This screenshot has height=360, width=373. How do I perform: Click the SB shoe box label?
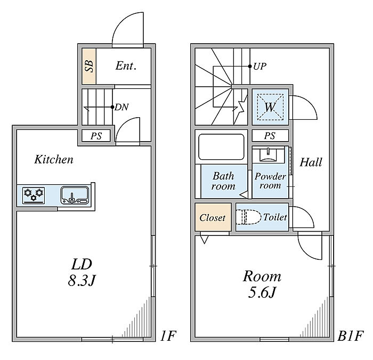(x=89, y=66)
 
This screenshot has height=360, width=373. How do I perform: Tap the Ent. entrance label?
(x=126, y=66)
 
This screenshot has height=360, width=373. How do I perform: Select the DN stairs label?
(x=121, y=107)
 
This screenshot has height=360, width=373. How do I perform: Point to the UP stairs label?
(x=260, y=67)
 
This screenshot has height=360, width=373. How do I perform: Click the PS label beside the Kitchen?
(x=96, y=136)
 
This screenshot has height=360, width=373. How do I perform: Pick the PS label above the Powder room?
(x=270, y=136)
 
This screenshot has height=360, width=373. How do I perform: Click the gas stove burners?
(x=34, y=194)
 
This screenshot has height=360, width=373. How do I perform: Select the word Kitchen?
(x=54, y=159)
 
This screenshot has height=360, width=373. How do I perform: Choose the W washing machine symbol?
(x=270, y=107)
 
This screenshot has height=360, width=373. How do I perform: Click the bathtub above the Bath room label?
(x=221, y=147)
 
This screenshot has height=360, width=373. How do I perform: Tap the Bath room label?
(x=223, y=181)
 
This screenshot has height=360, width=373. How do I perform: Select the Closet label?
(x=213, y=217)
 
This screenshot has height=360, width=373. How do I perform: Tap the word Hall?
(x=311, y=162)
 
